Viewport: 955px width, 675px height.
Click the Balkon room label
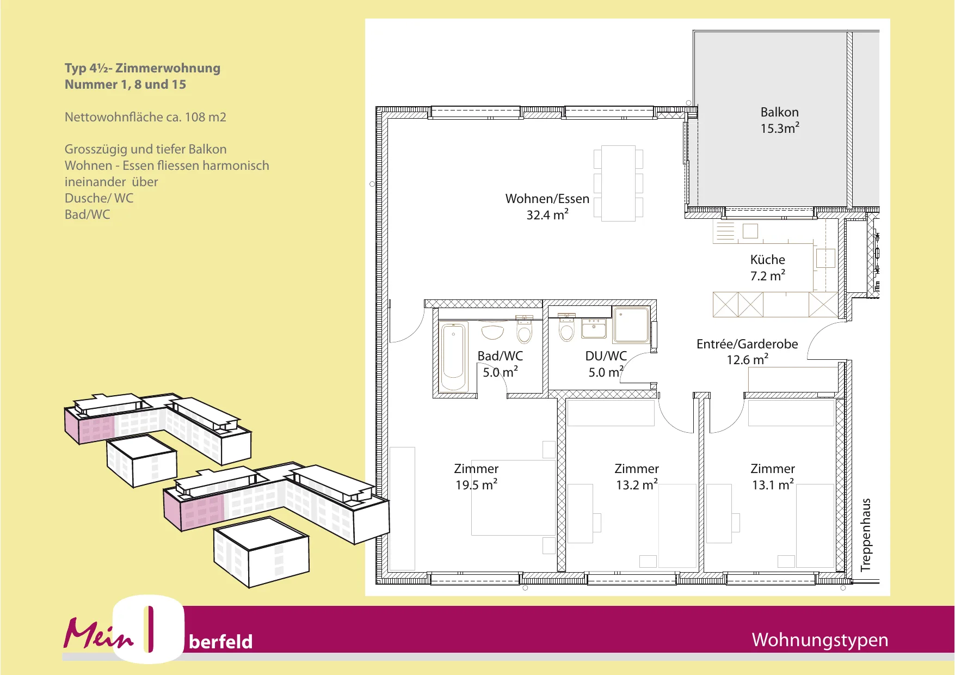(x=779, y=112)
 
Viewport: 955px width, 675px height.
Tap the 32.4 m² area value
(x=547, y=214)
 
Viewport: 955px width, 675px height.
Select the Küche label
(x=767, y=260)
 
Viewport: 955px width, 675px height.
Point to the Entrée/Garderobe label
(x=747, y=344)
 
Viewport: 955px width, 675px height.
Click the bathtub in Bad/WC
(x=453, y=357)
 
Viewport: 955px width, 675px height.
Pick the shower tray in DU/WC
(x=631, y=325)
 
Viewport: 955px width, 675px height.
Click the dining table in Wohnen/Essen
(x=618, y=183)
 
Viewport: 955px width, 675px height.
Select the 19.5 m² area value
(x=476, y=484)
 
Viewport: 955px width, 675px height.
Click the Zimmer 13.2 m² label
(x=637, y=477)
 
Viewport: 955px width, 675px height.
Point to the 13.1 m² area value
(x=773, y=484)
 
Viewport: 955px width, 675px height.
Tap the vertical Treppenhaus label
(x=866, y=535)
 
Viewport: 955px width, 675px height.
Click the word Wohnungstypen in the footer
(x=820, y=640)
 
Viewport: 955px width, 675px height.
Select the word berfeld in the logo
(x=220, y=642)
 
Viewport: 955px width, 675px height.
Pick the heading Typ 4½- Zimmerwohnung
(x=143, y=68)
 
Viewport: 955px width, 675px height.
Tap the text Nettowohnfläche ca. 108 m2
(x=145, y=117)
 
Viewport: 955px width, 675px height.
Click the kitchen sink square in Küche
(x=750, y=231)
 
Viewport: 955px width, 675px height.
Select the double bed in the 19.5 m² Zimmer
(x=513, y=498)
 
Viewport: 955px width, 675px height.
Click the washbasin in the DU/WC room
(x=594, y=328)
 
